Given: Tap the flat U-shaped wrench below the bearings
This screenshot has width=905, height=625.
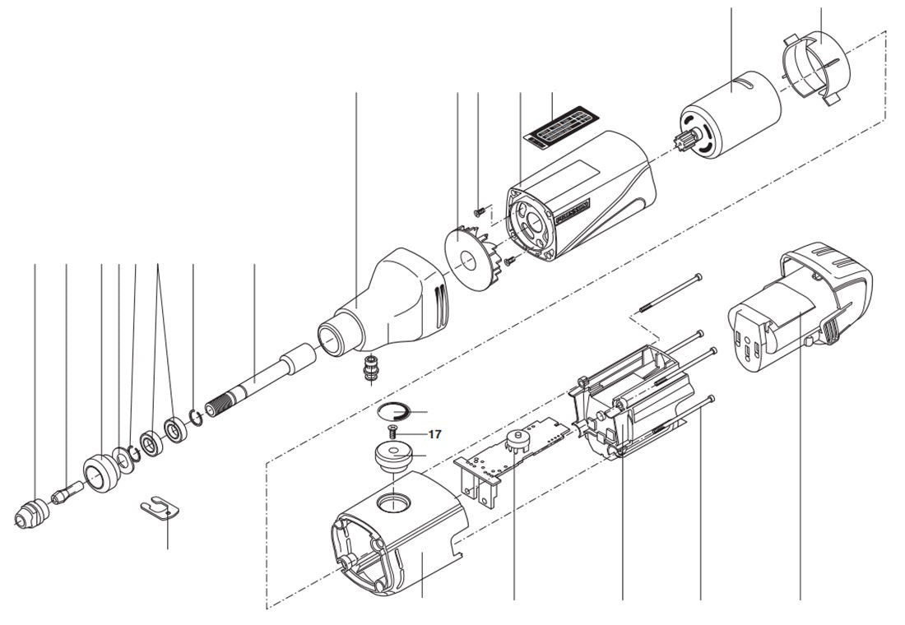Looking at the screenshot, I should pyautogui.click(x=161, y=509).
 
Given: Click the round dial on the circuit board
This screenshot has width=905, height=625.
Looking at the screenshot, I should pyautogui.click(x=517, y=441).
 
